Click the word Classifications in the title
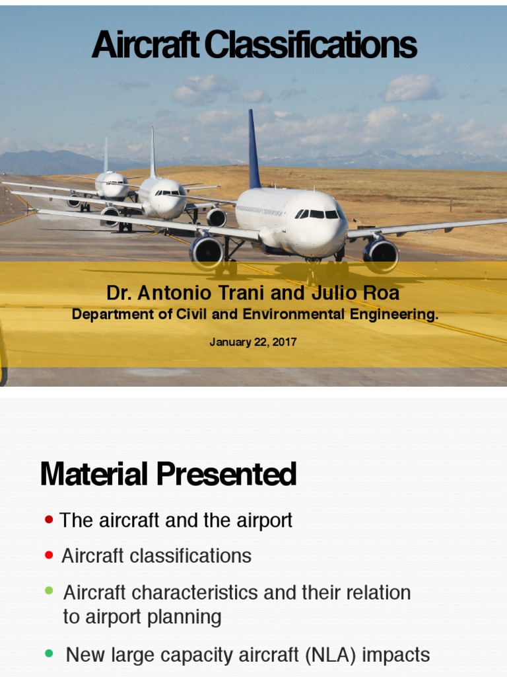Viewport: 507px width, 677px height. tap(310, 46)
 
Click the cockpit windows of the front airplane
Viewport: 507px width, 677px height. tap(318, 214)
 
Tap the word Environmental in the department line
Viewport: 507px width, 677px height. tap(287, 315)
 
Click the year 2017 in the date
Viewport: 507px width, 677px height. tap(285, 342)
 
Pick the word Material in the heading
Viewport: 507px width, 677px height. tap(95, 475)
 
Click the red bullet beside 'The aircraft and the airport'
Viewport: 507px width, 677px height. tap(49, 520)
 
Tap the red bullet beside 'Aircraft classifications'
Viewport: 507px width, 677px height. tap(49, 555)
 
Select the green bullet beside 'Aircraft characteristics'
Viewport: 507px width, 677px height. tap(49, 591)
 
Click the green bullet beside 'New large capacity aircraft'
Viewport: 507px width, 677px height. tap(49, 654)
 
